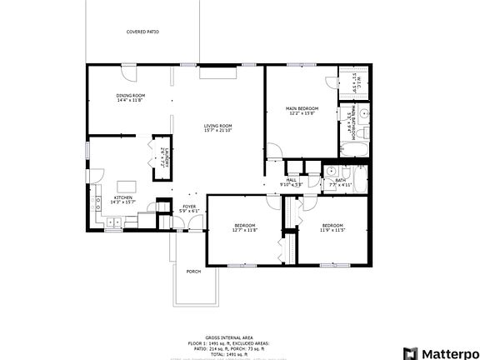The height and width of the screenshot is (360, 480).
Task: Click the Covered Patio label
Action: (x=142, y=32)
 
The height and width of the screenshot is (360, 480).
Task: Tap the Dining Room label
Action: (x=131, y=96)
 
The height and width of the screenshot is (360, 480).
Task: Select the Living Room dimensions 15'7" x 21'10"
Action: (x=217, y=130)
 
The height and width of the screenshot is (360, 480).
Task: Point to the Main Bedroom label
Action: (x=302, y=108)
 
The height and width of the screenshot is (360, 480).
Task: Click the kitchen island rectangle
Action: (x=127, y=185)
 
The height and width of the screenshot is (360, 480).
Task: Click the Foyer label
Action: (x=190, y=206)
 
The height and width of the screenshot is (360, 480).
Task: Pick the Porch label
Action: (x=193, y=271)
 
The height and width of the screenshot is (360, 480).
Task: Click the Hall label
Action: (x=292, y=180)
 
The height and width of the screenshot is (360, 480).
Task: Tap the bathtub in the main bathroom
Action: (x=354, y=150)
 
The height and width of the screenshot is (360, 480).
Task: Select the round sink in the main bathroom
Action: (x=364, y=117)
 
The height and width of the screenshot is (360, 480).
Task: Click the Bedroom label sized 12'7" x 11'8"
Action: (x=245, y=226)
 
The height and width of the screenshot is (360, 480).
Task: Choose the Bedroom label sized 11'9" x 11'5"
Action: (x=332, y=226)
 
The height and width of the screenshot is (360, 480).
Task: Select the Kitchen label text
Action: (x=122, y=198)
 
